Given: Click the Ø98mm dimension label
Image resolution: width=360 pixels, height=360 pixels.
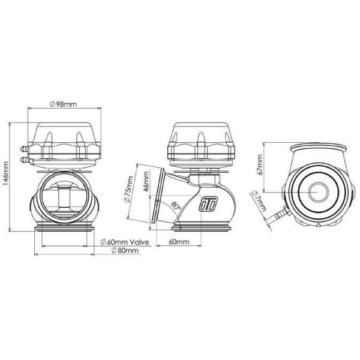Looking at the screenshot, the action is pos(64,104).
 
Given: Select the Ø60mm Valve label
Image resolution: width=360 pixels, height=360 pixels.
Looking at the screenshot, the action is pos(125,242).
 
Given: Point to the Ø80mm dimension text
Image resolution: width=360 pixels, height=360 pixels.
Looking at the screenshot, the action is pos(125,250).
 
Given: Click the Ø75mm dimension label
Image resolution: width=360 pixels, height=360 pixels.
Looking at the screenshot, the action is pos(128,189).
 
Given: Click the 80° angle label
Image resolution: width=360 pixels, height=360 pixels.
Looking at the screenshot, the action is pos(176,205).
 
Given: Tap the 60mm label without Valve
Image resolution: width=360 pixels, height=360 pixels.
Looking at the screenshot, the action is pos(179,242).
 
